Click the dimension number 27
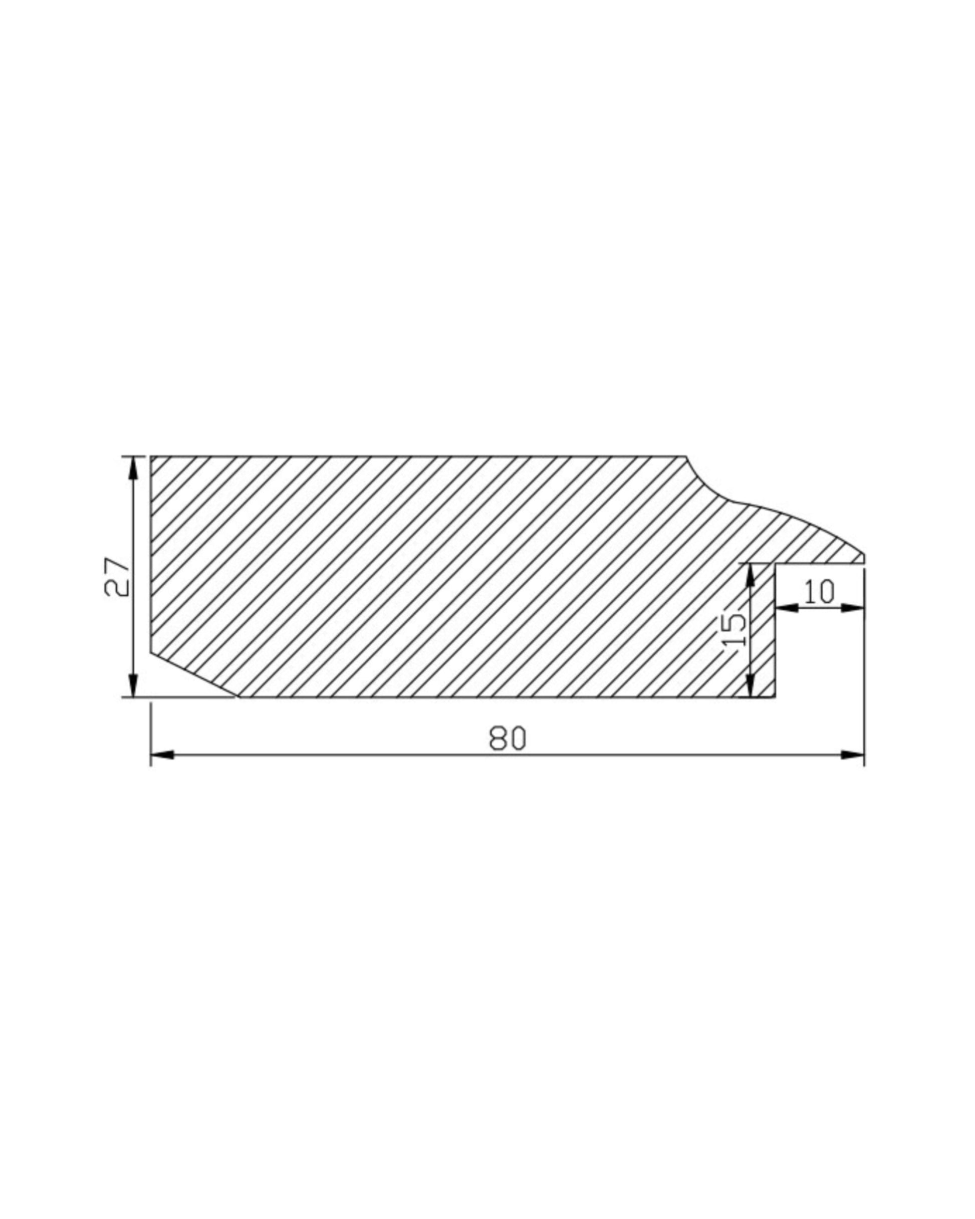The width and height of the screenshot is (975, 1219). pos(117,577)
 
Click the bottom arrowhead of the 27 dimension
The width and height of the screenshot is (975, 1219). pos(133,686)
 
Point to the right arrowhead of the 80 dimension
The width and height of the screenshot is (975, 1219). pos(852,755)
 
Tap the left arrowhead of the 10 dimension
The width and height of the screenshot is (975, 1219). pos(787,608)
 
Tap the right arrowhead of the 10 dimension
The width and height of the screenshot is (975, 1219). pos(853,608)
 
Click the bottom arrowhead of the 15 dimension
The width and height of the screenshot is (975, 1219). pos(751,686)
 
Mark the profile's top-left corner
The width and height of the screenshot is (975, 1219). pos(151,456)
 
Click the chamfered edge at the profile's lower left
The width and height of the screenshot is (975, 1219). pos(192,675)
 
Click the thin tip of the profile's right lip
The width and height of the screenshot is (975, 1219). pos(863,559)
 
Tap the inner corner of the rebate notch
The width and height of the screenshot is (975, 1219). pos(775,564)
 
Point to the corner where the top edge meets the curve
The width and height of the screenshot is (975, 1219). pos(686,456)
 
